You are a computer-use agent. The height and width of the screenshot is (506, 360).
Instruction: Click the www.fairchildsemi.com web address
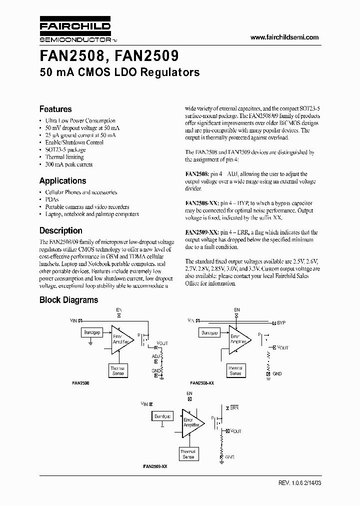click(283, 37)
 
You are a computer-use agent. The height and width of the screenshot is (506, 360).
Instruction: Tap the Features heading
click(55, 109)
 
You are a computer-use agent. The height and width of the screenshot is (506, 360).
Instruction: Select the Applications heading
click(62, 181)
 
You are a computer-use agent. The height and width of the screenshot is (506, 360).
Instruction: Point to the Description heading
click(60, 231)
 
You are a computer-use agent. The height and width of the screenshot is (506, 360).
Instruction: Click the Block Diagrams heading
click(68, 300)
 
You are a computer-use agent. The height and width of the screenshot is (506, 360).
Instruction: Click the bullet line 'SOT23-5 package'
click(65, 150)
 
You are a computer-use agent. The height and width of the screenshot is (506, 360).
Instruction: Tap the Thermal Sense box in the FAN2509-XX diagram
click(188, 454)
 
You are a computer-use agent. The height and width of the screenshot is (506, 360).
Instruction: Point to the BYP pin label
click(281, 322)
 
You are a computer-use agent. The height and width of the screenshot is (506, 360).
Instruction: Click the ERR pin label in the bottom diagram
click(234, 408)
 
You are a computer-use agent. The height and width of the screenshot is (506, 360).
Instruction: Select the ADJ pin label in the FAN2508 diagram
click(155, 356)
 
